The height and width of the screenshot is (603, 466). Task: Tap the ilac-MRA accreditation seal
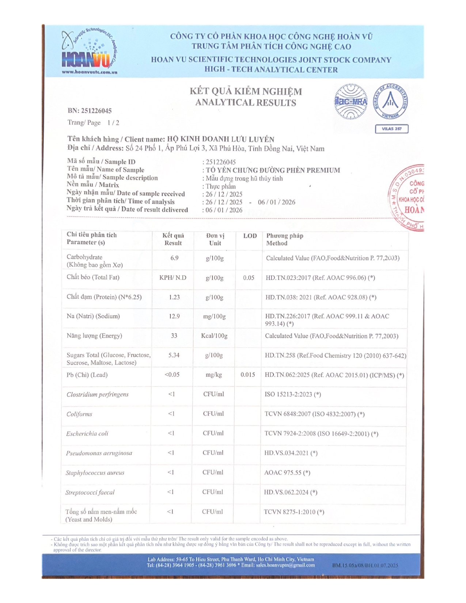click(351, 102)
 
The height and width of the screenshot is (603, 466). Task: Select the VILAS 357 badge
click(391, 129)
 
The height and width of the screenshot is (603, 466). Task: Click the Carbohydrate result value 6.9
click(174, 258)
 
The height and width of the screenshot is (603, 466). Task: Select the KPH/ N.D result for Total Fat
click(173, 278)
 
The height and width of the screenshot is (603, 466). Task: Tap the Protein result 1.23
click(174, 297)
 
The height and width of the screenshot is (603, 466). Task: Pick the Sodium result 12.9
click(174, 316)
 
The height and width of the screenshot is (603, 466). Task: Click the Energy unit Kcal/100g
click(214, 336)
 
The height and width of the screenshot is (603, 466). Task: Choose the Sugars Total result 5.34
click(174, 355)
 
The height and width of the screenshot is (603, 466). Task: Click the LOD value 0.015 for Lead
click(248, 375)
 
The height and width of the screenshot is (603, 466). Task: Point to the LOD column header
click(250, 236)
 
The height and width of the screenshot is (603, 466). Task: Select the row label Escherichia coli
click(87, 433)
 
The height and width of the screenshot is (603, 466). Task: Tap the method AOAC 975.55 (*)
click(287, 473)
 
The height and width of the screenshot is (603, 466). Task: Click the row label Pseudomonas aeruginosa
click(99, 453)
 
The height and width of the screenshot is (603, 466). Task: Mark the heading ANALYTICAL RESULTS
click(246, 103)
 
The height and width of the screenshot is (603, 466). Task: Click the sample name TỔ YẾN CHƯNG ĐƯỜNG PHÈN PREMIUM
click(273, 170)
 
